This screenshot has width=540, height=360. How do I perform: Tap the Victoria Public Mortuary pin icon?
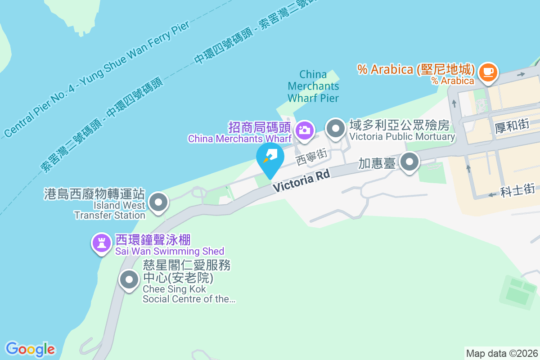coord(335,129)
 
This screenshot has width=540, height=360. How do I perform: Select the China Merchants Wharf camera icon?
coord(304,130)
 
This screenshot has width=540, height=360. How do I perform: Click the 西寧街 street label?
coord(311,157)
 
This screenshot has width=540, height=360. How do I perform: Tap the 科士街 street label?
coord(517,189)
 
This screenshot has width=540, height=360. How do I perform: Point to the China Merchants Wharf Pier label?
coord(313,85)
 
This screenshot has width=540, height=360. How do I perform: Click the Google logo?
coord(30,349)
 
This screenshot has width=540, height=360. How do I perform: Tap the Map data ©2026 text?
coord(501,353)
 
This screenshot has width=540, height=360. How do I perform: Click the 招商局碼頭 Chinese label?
coord(261,127)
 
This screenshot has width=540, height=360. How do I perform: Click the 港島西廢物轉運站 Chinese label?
coord(94,194)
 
